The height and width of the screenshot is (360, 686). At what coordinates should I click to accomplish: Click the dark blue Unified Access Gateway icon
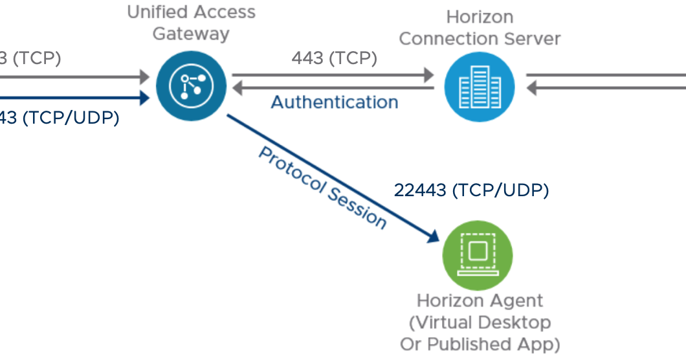(191, 85)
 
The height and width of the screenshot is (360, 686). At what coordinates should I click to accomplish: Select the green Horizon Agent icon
(477, 254)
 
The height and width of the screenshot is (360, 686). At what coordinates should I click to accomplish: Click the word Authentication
(334, 102)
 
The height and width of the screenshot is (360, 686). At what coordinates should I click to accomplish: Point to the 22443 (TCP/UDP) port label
(471, 190)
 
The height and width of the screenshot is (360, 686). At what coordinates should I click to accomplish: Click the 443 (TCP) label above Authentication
(334, 58)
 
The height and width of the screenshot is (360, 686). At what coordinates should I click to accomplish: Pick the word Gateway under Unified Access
(191, 33)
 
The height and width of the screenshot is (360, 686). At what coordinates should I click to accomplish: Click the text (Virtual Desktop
(480, 322)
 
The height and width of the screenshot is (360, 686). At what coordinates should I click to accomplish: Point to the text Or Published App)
(480, 344)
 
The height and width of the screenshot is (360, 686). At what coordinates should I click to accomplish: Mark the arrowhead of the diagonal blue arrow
(434, 238)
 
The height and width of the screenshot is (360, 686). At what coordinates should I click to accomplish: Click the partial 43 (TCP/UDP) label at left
(60, 118)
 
